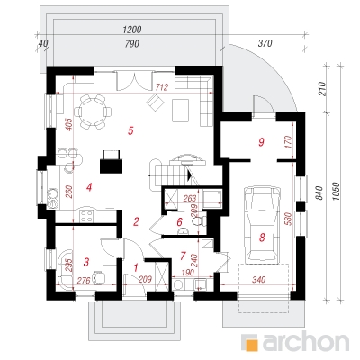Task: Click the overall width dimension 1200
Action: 132,30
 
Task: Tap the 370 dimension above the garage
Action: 265,43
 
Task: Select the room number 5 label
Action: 130,130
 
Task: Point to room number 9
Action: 261,142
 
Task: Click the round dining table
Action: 93,112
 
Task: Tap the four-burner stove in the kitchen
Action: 86,216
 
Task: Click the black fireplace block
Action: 111,162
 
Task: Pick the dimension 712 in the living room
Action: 162,87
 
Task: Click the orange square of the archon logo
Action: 251,342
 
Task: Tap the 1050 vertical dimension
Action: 336,192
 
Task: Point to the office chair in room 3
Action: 98,277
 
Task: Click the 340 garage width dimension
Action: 258,280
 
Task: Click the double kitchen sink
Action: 54,197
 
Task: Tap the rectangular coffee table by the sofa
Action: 180,110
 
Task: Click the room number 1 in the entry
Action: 136,266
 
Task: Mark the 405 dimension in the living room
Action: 68,125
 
